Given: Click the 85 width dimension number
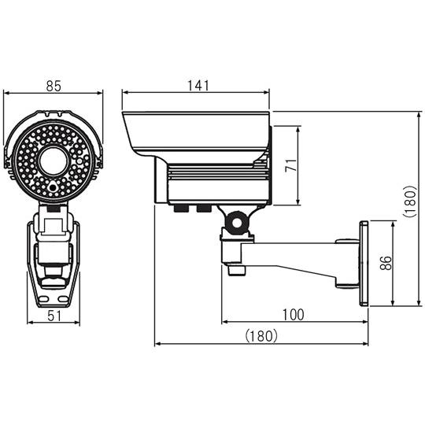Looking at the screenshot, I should (x=54, y=86).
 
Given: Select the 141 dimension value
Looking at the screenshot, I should (x=198, y=86).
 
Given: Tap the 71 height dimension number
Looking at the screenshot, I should (x=290, y=166).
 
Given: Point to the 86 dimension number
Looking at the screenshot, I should (x=384, y=264).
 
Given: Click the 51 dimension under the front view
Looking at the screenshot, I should (x=54, y=316).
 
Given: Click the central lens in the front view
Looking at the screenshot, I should (x=54, y=161).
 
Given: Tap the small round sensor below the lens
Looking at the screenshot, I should (x=53, y=188).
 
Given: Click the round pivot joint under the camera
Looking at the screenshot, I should (x=234, y=224).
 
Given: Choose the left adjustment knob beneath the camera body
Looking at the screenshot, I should (x=180, y=209).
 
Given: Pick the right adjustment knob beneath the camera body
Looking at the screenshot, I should (x=202, y=209).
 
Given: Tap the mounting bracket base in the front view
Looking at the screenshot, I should (x=53, y=260).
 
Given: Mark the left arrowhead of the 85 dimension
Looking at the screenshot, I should (x=7, y=94).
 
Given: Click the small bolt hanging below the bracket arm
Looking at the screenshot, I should (x=234, y=269).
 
